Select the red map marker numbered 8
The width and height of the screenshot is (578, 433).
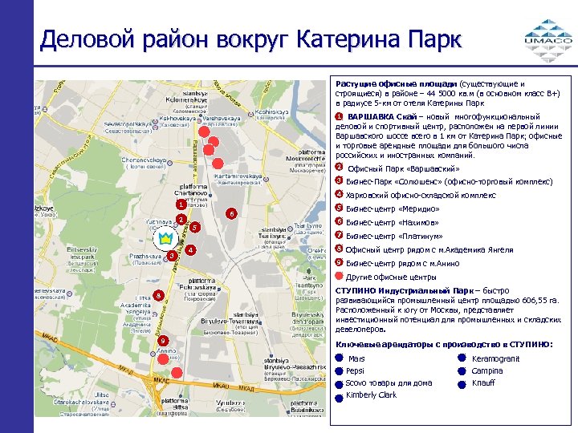159,296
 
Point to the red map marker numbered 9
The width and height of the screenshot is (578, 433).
163,341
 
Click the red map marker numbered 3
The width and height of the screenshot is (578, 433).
173,255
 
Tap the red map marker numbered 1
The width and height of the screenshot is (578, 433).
182,204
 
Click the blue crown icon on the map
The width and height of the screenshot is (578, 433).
165,238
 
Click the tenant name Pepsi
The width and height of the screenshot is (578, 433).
356,371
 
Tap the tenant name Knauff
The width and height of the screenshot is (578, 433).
482,383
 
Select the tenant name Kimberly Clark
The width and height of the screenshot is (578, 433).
371,395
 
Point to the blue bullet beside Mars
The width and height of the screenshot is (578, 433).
339,358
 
